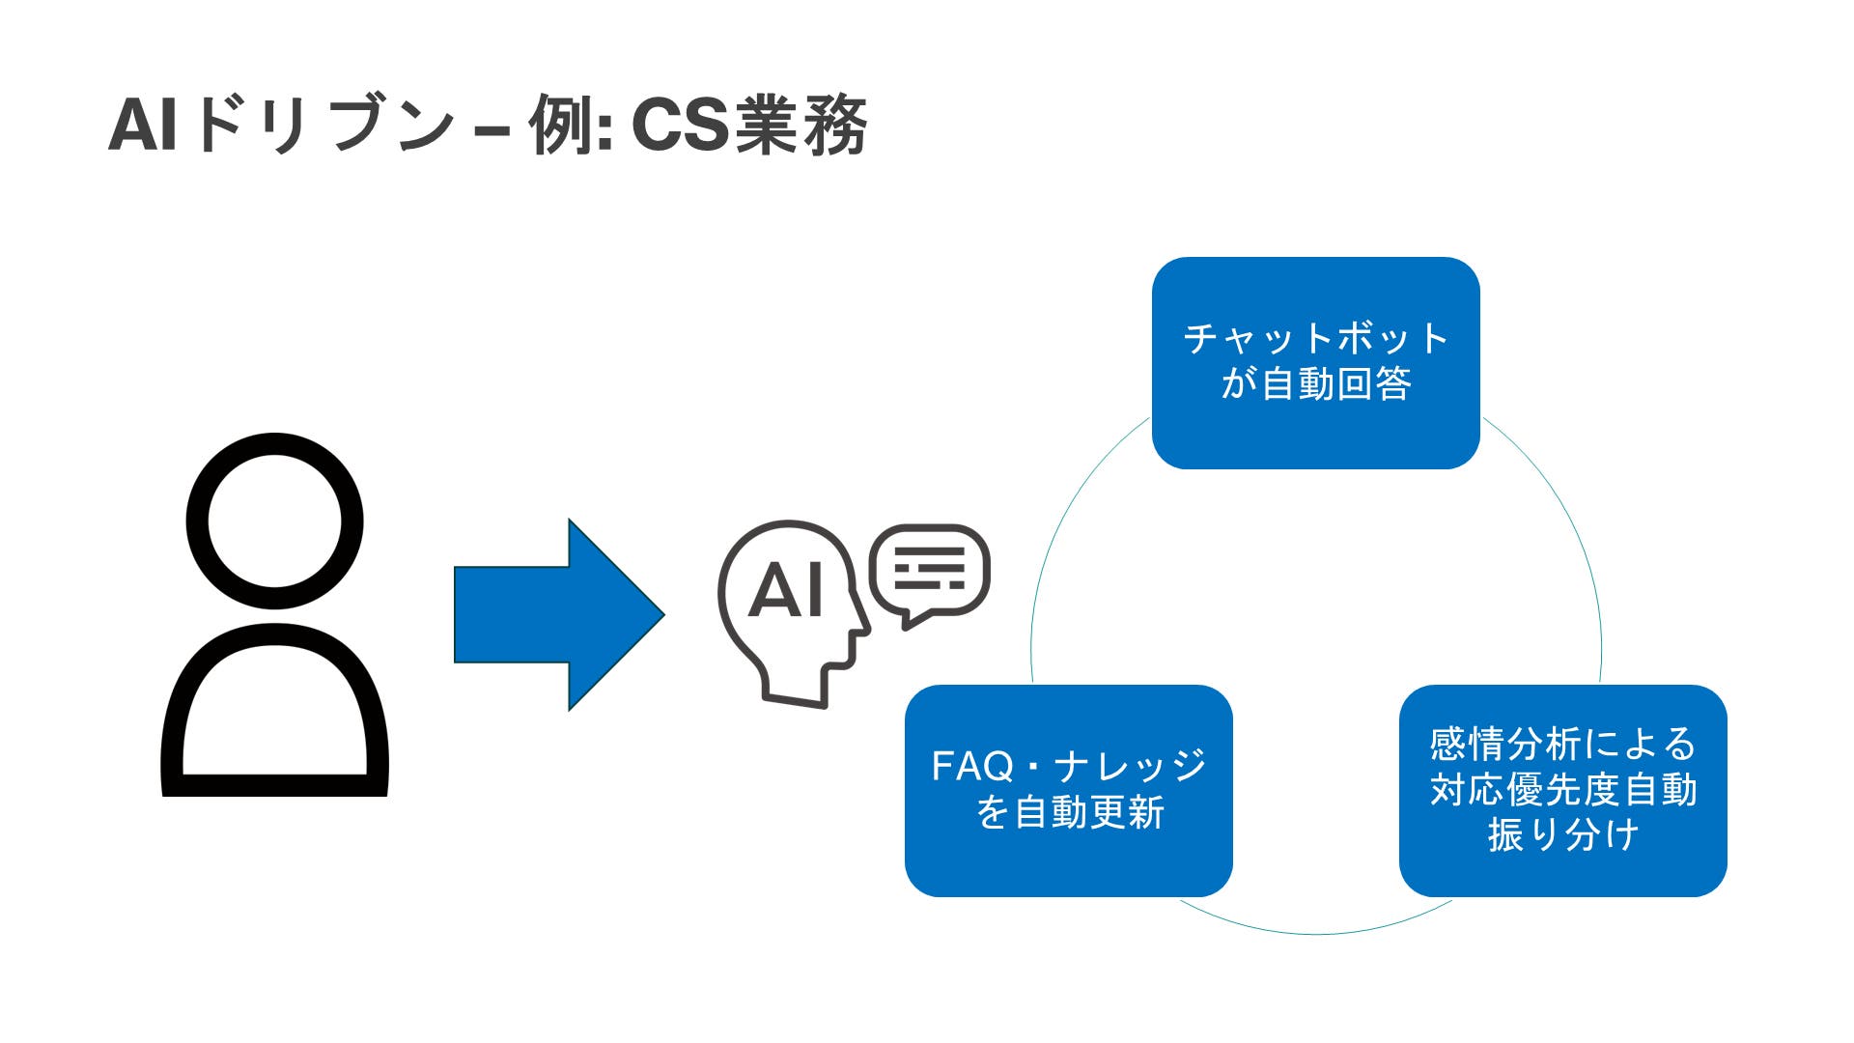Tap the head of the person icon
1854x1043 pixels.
274,521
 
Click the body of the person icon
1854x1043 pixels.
274,715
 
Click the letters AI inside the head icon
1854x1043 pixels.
786,591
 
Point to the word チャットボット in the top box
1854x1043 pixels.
1315,339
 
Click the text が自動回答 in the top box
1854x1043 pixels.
1315,384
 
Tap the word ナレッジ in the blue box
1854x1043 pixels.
1130,767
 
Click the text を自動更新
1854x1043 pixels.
1069,812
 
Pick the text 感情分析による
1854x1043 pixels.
1562,745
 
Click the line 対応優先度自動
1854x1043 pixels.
1562,790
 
